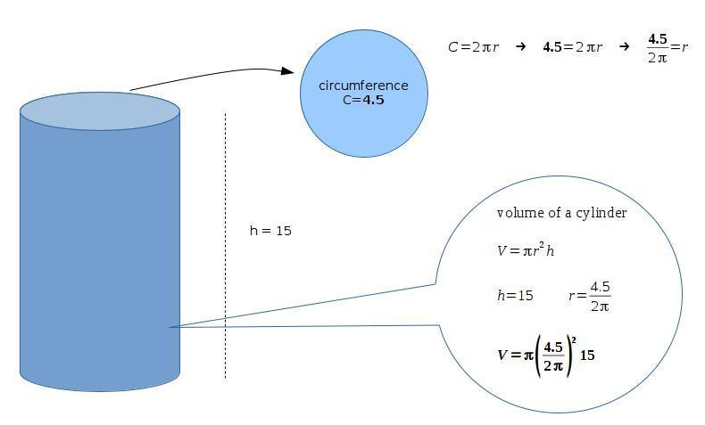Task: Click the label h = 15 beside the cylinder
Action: pos(270,231)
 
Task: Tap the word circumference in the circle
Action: pos(363,86)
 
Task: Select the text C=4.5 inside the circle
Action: pos(363,100)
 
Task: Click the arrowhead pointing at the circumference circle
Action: pos(287,71)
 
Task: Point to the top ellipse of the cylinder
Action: pos(100,110)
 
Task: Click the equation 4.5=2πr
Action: pos(572,47)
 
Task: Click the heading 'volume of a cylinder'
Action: pos(561,213)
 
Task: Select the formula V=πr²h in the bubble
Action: pos(526,250)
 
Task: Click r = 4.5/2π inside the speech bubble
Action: pos(590,296)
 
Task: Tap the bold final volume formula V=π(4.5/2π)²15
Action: pos(546,355)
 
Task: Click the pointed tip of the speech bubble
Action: pos(170,327)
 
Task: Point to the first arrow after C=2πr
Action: pos(519,47)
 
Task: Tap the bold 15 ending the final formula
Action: pos(587,355)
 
